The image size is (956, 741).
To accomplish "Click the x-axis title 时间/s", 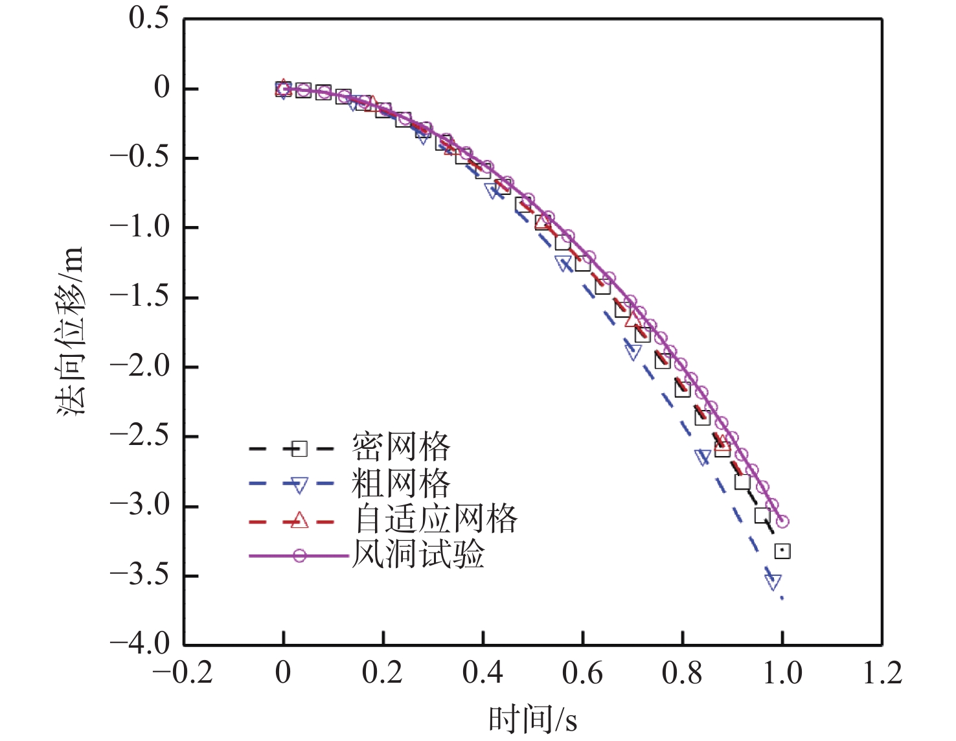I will click(532, 720).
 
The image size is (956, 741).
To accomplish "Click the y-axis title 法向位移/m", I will click(71, 331).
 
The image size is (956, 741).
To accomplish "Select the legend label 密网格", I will click(401, 447).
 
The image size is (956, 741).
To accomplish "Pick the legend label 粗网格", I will click(401, 483).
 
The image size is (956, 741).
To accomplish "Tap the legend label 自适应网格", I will click(436, 519).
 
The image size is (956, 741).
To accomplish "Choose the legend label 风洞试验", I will click(418, 554).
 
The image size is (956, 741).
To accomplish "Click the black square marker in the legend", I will click(299, 448).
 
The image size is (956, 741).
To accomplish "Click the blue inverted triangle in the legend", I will click(299, 484).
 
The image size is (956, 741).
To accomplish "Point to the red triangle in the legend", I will click(299, 519).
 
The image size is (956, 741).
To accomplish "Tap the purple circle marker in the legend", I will click(299, 556).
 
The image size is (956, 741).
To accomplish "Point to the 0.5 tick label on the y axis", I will click(149, 17).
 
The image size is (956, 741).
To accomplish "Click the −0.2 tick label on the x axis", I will click(183, 673).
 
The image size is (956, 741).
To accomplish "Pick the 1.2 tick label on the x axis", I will click(882, 673).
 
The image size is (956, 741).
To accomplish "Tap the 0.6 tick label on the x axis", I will click(582, 673).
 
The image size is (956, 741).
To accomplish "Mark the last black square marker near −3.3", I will click(782, 551).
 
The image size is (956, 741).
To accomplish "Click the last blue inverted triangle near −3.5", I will click(773, 581).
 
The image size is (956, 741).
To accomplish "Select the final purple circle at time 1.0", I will click(782, 521).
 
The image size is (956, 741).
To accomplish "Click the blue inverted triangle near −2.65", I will click(703, 457).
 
